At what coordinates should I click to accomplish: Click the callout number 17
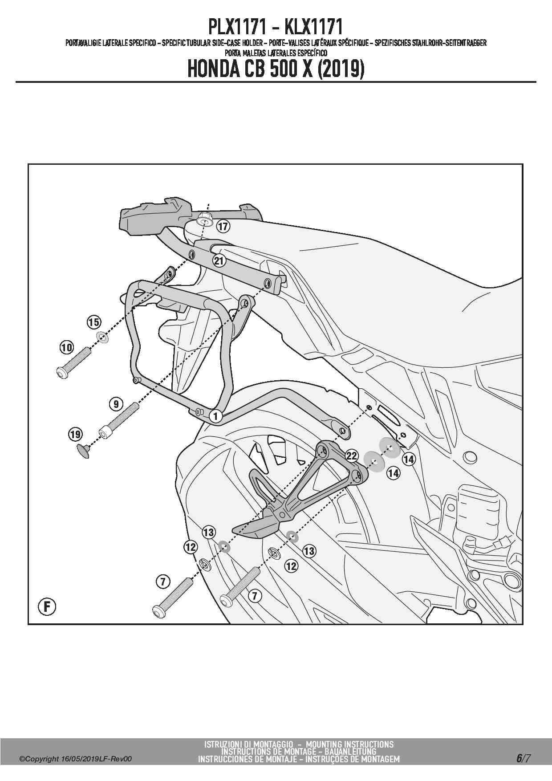click(223, 227)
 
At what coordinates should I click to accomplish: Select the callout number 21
click(219, 260)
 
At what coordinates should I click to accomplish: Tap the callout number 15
click(93, 322)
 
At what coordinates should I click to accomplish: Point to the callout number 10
click(66, 347)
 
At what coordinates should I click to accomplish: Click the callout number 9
click(116, 404)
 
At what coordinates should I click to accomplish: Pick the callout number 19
click(75, 434)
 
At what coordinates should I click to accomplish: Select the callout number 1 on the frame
click(215, 417)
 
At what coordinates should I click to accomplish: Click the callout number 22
click(352, 456)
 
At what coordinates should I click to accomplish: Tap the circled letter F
click(47, 606)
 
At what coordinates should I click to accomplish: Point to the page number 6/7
click(524, 758)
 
